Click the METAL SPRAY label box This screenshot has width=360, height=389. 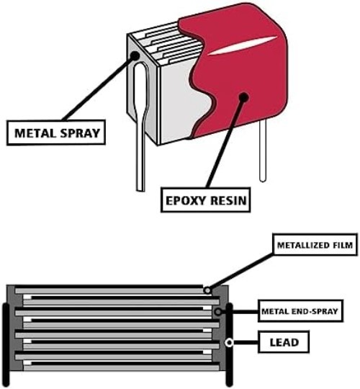pos(56,133)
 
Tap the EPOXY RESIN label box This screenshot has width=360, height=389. pos(205,200)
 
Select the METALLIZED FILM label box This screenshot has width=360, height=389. pos(315,245)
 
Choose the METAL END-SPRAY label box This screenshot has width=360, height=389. pos(300,311)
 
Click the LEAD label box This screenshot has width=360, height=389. pos(284,342)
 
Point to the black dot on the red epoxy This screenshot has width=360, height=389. pos(244,97)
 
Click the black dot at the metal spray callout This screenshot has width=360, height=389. pos(135,55)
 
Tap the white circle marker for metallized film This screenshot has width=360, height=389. pos(207,290)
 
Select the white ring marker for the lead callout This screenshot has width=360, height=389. pos(230,343)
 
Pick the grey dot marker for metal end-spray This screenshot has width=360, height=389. pos(218,312)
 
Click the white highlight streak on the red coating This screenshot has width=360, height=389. pos(243,45)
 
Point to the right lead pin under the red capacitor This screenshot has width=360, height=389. pos(263,151)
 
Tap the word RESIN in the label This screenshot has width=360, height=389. pos(228,200)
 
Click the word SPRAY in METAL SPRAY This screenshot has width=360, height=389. pos(80,133)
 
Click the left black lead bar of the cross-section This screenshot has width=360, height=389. pos(6,344)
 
